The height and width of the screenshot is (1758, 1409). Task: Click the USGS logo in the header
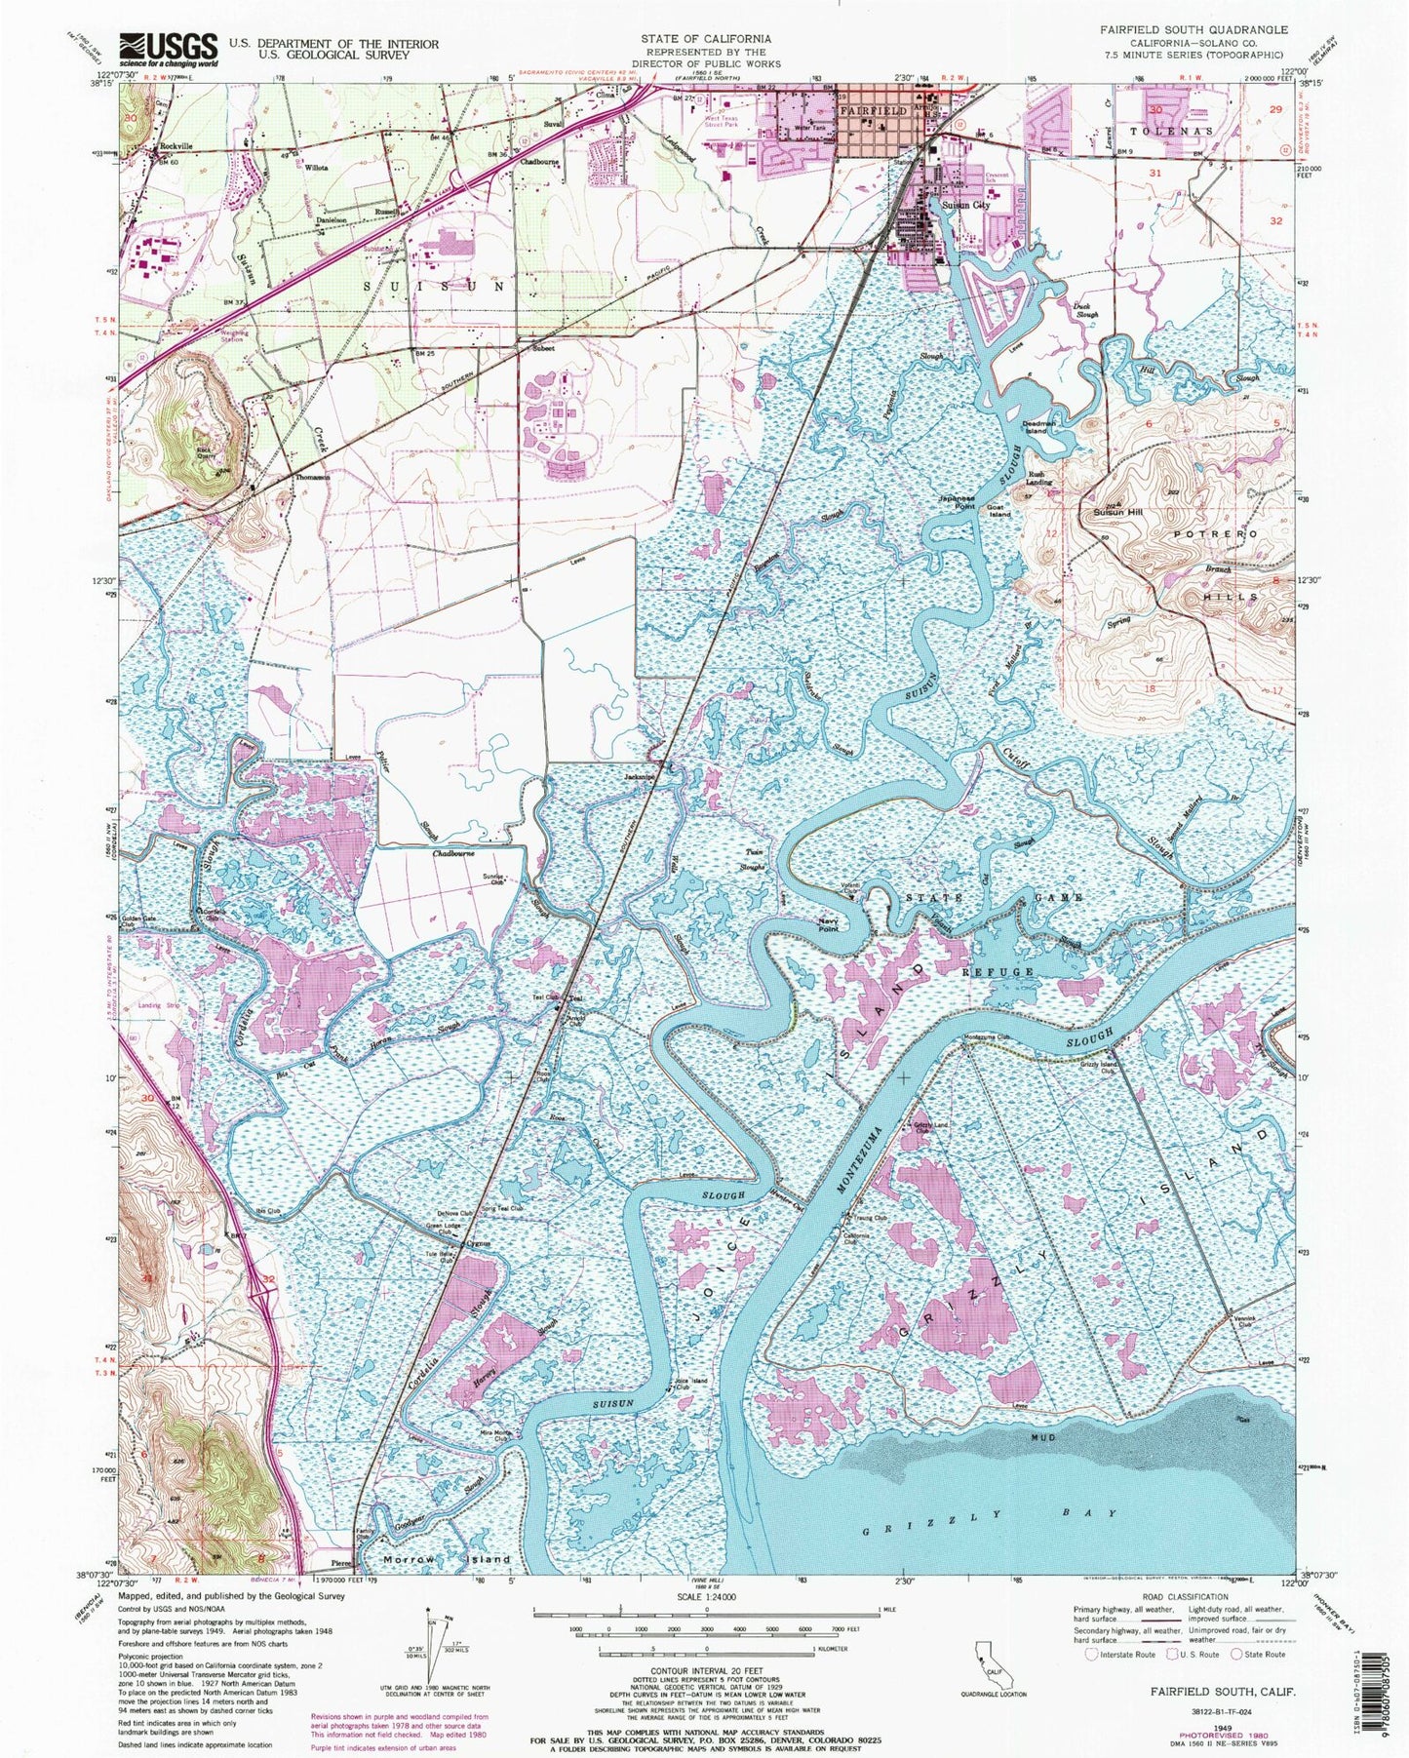[x=168, y=47]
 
